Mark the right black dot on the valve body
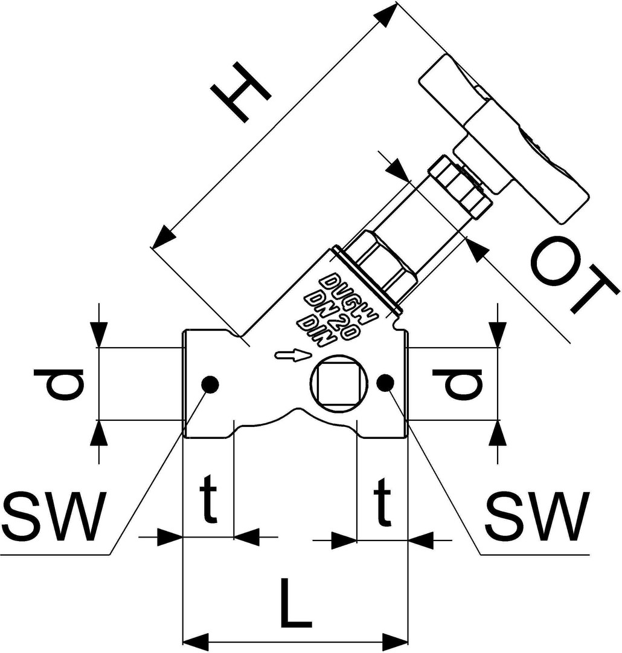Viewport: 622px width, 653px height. (x=385, y=382)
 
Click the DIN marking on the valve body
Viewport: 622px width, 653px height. (x=318, y=333)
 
